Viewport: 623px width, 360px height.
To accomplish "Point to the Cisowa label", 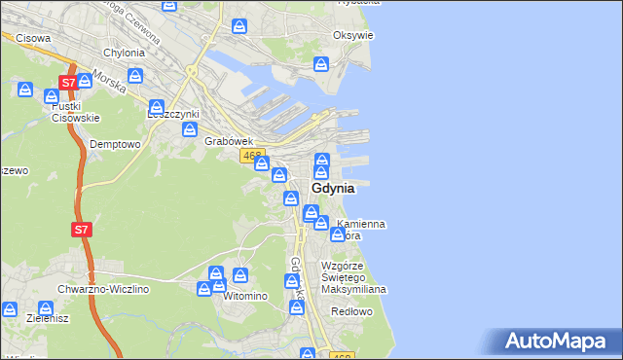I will tap(32, 39).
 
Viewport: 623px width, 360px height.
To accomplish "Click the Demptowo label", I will tap(116, 143).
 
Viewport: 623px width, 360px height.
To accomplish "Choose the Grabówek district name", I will tap(229, 141).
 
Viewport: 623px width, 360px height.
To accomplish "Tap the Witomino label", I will tap(244, 296).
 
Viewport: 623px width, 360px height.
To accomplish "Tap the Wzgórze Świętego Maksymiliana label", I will tap(355, 277).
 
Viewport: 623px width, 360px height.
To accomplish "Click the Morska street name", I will tap(110, 84).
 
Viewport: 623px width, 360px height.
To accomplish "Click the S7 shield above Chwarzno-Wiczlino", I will tap(82, 231).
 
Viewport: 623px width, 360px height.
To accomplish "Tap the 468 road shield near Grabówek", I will tap(253, 156).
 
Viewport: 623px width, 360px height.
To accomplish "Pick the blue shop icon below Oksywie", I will tap(321, 64).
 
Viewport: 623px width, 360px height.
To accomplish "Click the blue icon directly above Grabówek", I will tap(190, 128).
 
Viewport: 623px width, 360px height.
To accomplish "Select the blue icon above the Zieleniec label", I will tap(10, 308).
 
